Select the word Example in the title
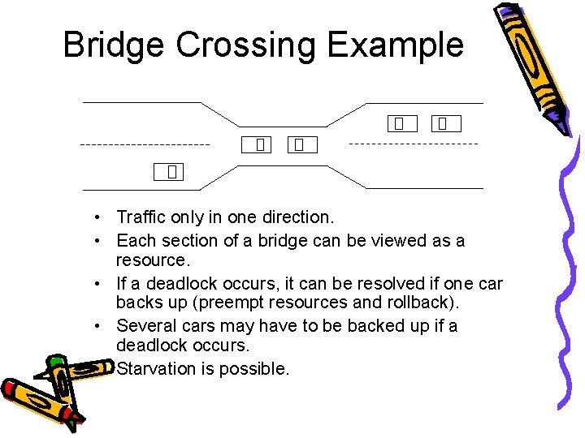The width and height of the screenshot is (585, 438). click(395, 46)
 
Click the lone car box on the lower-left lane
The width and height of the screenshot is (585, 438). click(171, 171)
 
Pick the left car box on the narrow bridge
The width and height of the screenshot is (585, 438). click(259, 145)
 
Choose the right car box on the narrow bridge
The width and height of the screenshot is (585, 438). click(300, 145)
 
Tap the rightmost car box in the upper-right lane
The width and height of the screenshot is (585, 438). click(442, 123)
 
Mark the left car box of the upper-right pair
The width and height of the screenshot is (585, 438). click(398, 123)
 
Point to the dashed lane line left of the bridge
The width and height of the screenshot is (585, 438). click(145, 144)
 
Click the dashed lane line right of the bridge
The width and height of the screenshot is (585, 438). click(414, 144)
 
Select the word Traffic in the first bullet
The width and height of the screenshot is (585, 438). click(141, 217)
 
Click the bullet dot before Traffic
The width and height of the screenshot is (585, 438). click(96, 217)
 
